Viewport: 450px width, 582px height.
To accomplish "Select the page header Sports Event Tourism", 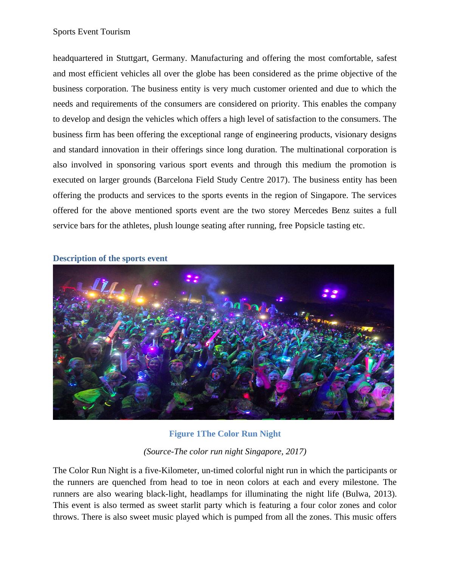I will pyautogui.click(x=92, y=32).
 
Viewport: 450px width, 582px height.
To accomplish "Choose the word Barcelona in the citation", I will pyautogui.click(x=174, y=180).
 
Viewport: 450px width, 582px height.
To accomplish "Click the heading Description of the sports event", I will pyautogui.click(x=110, y=258).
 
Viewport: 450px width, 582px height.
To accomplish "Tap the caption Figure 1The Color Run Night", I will pyautogui.click(x=225, y=434).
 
